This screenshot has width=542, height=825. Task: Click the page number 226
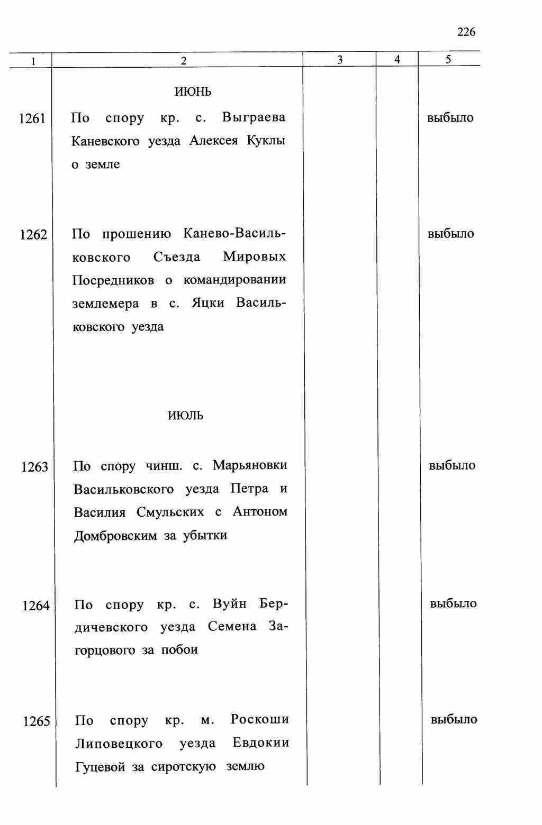tap(466, 32)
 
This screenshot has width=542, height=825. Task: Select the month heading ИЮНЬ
tap(193, 92)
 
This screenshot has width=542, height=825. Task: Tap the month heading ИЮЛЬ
tap(185, 416)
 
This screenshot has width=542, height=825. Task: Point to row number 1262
tap(33, 235)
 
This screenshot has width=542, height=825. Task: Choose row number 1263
tap(34, 467)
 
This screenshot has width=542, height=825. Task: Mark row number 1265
tap(37, 721)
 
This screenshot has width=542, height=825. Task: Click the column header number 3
tap(339, 60)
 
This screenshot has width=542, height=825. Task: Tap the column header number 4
tap(397, 60)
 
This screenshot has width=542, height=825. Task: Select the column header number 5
tap(448, 60)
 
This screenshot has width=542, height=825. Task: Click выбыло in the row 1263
tap(452, 466)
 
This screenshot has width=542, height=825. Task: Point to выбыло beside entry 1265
tap(454, 720)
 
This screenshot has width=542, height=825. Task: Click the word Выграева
tap(254, 117)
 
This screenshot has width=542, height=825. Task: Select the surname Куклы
tap(266, 141)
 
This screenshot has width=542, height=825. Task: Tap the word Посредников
tap(113, 280)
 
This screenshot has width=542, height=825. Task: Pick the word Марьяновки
tap(250, 465)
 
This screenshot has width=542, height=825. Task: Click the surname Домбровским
tap(115, 536)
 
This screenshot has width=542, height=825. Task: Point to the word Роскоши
tap(260, 720)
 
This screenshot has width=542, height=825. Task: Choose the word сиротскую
tap(183, 766)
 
